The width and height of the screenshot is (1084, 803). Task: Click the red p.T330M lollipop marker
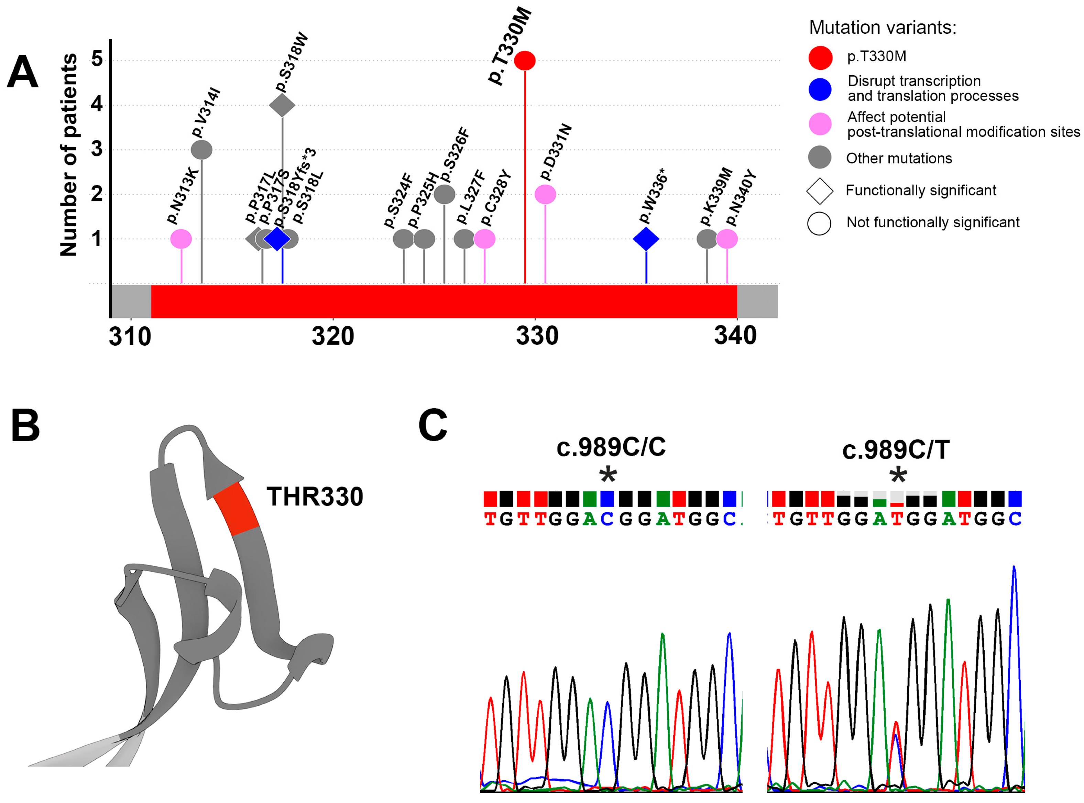pyautogui.click(x=525, y=61)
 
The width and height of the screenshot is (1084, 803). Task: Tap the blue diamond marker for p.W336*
pyautogui.click(x=646, y=239)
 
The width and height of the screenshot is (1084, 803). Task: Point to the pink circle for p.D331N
pyautogui.click(x=545, y=194)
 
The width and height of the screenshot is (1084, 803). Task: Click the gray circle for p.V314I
pyautogui.click(x=202, y=150)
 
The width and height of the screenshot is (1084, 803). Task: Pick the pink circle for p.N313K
pyautogui.click(x=181, y=239)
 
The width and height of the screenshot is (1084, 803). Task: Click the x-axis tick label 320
pyautogui.click(x=333, y=336)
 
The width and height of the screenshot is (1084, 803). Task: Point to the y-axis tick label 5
pyautogui.click(x=97, y=59)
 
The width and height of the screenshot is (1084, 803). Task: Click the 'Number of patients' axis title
pyautogui.click(x=68, y=154)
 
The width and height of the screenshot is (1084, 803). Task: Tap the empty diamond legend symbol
pyautogui.click(x=820, y=191)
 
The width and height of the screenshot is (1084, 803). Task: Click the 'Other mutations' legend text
pyautogui.click(x=899, y=159)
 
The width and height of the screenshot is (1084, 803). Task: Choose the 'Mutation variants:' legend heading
pyautogui.click(x=882, y=28)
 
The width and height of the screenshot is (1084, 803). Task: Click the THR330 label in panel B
pyautogui.click(x=315, y=497)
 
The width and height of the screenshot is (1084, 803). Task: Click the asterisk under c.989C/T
pyautogui.click(x=898, y=475)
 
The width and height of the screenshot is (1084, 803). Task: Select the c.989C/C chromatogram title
pyautogui.click(x=611, y=447)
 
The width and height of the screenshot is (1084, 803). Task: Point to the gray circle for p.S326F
pyautogui.click(x=444, y=194)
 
